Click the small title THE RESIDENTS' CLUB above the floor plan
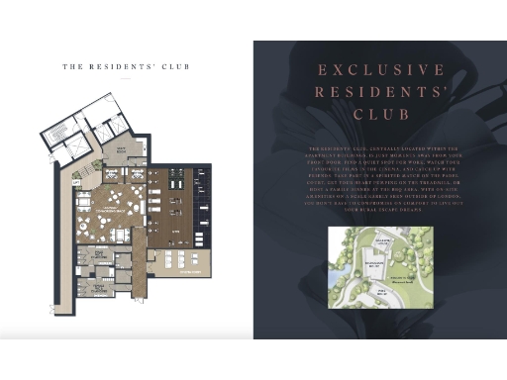click(x=126, y=67)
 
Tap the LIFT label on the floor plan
click(x=76, y=183)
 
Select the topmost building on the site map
click(x=379, y=242)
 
